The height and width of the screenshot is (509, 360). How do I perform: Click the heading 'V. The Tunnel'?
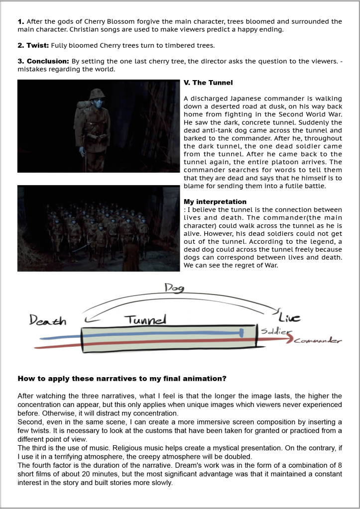point(208,83)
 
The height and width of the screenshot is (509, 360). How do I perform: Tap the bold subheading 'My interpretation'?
point(215,202)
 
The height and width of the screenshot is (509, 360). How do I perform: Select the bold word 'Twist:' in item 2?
point(36,45)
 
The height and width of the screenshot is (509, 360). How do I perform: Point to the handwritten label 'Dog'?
point(174,288)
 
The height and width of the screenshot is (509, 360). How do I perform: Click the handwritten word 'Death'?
point(48,321)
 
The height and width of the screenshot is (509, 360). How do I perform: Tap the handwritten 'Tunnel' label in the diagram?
point(144,318)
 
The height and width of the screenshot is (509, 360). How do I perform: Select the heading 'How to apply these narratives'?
point(122,379)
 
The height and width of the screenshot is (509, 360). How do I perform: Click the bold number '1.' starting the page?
point(21,21)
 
